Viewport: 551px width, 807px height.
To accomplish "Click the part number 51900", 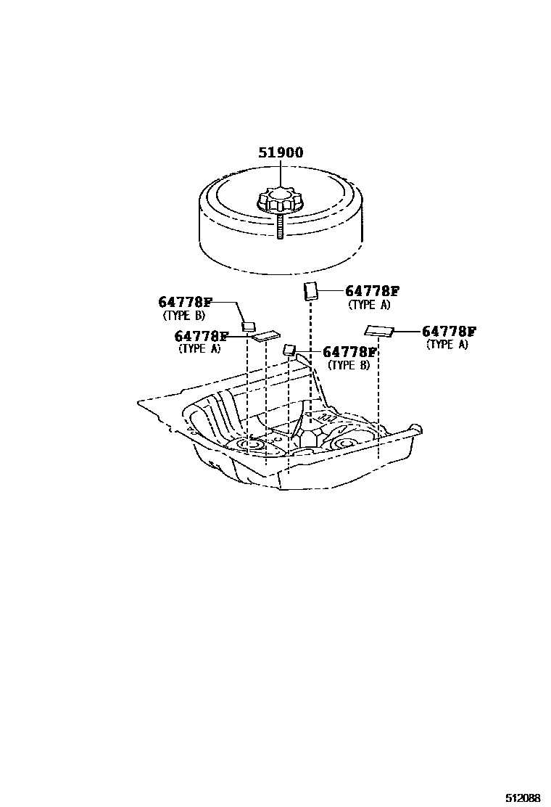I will (281, 153).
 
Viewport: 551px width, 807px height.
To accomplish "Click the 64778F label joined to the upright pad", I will (372, 291).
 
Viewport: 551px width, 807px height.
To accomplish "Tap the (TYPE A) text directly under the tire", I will (369, 305).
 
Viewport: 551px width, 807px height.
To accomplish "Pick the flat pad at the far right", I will (379, 332).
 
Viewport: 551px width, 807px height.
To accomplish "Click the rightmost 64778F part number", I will (449, 332).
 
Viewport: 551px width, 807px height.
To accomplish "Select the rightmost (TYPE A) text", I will (447, 345).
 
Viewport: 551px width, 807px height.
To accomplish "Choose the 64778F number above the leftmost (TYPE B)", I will (185, 302).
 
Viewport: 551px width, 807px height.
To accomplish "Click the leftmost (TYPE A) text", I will (199, 348).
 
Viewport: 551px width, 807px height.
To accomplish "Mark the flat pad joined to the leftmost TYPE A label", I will (265, 335).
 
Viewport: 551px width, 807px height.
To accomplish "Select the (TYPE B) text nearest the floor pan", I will (349, 365).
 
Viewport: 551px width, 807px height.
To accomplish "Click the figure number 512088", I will (523, 798).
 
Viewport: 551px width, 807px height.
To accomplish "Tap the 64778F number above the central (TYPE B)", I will (349, 352).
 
